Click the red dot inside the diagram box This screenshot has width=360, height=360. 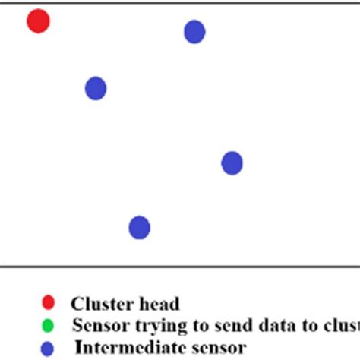38,21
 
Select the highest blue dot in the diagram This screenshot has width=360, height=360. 194,31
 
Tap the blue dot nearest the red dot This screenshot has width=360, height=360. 95,88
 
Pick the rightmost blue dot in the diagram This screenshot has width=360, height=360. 232,163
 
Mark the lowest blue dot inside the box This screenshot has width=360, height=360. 139,227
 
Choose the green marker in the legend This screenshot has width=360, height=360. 48,326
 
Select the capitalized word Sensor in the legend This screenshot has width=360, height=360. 97,326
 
